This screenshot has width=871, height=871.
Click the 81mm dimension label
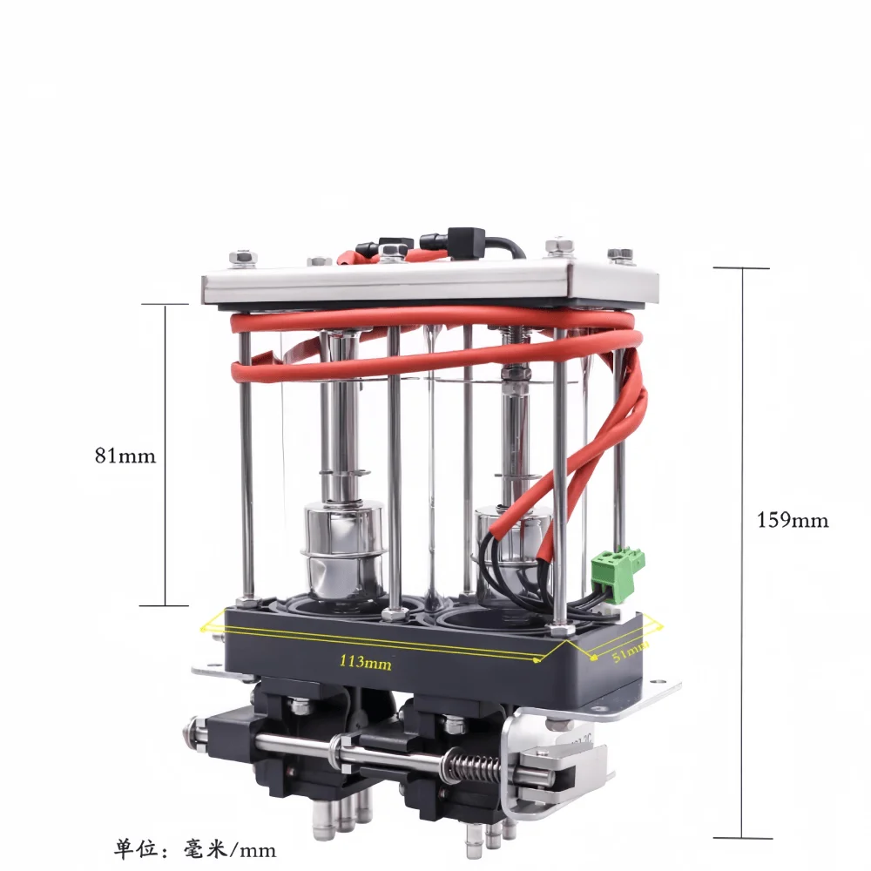point(125,456)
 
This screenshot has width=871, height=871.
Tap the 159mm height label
point(793,520)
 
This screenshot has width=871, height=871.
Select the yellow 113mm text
point(366,662)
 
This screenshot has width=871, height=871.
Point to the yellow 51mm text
point(631,652)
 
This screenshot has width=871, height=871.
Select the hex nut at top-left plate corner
point(243,257)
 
